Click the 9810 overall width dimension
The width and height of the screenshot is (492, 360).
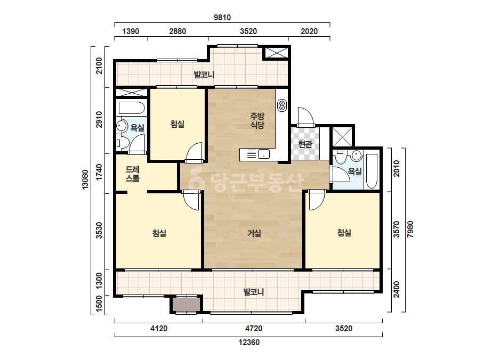pos(222,18)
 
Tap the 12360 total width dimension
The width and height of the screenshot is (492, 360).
pos(249,342)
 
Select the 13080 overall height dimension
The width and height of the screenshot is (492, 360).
pos(85,179)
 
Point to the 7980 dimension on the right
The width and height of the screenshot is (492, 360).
pos(410,229)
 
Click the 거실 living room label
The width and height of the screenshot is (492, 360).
pos(254,233)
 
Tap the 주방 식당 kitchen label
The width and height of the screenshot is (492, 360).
pos(257,121)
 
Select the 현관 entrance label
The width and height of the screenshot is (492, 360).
pos(305,144)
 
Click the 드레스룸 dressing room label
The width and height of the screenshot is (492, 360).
pos(132,174)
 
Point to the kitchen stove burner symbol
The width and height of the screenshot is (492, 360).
pos(282,105)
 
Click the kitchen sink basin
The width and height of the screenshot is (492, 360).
pos(264,154)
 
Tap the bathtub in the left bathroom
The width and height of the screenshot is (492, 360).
pos(132,108)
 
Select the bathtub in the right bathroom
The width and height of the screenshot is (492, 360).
pos(372,171)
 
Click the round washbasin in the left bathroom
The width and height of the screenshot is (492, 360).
pos(121,126)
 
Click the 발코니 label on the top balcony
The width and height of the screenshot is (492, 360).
pos(204,75)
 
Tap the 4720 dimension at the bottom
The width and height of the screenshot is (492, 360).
pos(254,329)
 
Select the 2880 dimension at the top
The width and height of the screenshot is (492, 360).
pos(178,31)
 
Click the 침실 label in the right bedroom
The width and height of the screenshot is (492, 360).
pos(344,233)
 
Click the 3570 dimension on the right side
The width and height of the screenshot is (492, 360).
pos(397,229)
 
